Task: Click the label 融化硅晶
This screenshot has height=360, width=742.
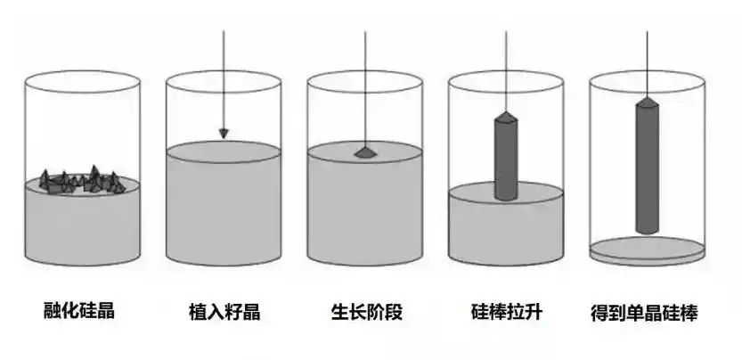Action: pyautogui.click(x=79, y=311)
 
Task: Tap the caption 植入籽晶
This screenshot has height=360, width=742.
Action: pyautogui.click(x=224, y=312)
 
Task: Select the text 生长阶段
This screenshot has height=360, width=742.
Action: pyautogui.click(x=367, y=312)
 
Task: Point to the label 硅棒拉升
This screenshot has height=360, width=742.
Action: pyautogui.click(x=507, y=312)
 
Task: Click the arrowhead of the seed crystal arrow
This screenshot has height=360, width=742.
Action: pyautogui.click(x=224, y=134)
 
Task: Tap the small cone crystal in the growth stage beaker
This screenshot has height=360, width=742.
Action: pyautogui.click(x=365, y=152)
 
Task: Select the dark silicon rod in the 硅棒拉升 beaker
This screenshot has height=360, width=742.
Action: pyautogui.click(x=506, y=156)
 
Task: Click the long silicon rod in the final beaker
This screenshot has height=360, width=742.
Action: pyautogui.click(x=647, y=166)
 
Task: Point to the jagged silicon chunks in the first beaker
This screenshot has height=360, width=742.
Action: pyautogui.click(x=81, y=181)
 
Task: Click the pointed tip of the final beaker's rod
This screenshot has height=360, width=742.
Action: pyautogui.click(x=647, y=98)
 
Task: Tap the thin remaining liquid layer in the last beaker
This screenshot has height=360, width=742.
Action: pyautogui.click(x=647, y=250)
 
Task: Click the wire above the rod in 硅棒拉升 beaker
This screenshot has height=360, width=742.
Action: pyautogui.click(x=506, y=71)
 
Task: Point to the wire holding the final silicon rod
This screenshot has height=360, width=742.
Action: pyautogui.click(x=647, y=64)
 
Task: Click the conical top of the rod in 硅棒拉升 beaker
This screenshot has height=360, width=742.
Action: pyautogui.click(x=506, y=117)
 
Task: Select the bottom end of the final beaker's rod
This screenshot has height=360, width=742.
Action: pyautogui.click(x=647, y=232)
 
